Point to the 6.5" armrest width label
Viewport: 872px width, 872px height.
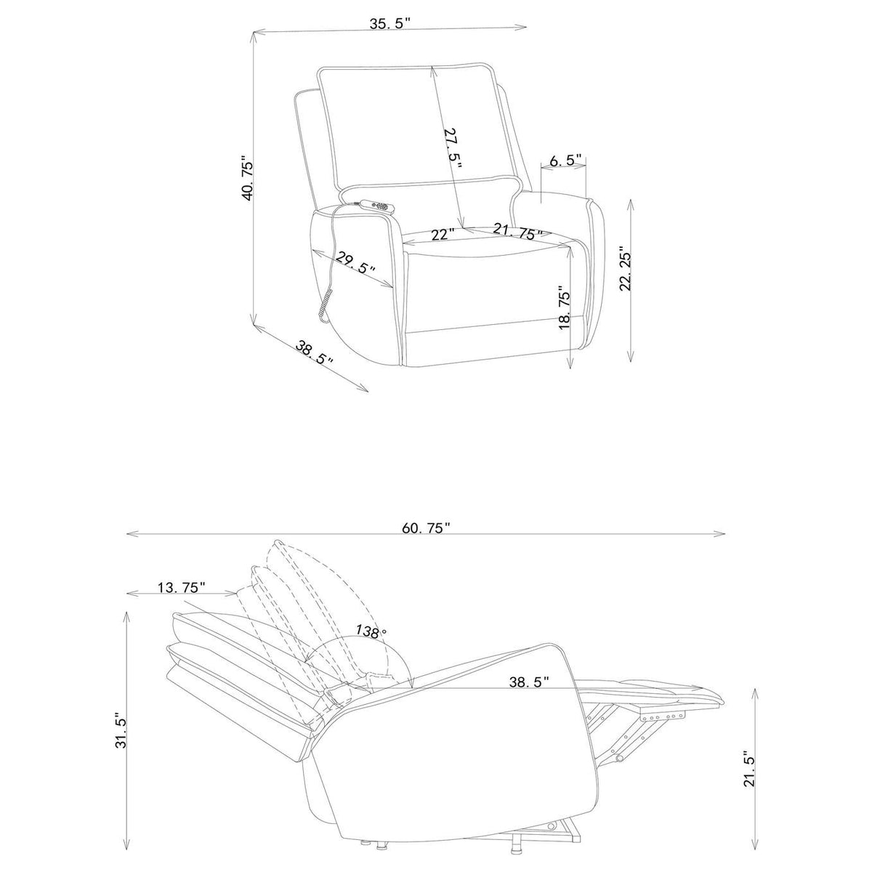[x=565, y=160]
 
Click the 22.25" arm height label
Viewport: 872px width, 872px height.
[x=626, y=269]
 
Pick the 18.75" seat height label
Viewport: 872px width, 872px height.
[x=564, y=307]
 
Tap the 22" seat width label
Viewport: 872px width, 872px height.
[x=443, y=235]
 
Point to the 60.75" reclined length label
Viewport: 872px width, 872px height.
[x=427, y=528]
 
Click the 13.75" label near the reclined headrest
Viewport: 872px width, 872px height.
[x=182, y=587]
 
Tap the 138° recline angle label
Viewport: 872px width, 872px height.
[x=371, y=631]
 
